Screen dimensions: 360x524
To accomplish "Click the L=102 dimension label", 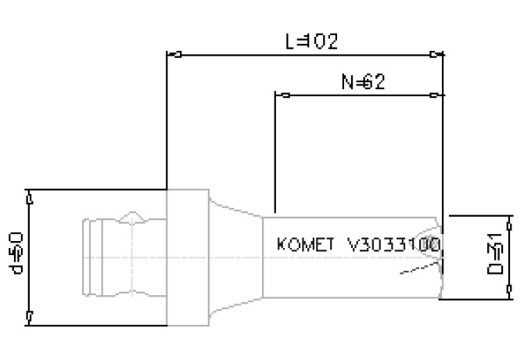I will point(310,42).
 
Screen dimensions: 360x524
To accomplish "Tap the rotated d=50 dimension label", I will point(20,253).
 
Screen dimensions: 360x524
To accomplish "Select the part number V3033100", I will point(393,244).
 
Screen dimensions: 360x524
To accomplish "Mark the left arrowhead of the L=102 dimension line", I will point(178,55).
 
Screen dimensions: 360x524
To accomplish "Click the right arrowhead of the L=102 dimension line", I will point(436,55).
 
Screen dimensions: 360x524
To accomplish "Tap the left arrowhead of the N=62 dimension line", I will point(285,95).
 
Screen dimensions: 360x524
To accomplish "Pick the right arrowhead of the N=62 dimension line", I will point(436,95).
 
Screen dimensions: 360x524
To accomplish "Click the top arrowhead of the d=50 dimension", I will point(29,200).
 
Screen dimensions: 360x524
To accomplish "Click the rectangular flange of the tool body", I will point(188,257).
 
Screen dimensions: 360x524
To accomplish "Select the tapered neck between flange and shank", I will point(234,257).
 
